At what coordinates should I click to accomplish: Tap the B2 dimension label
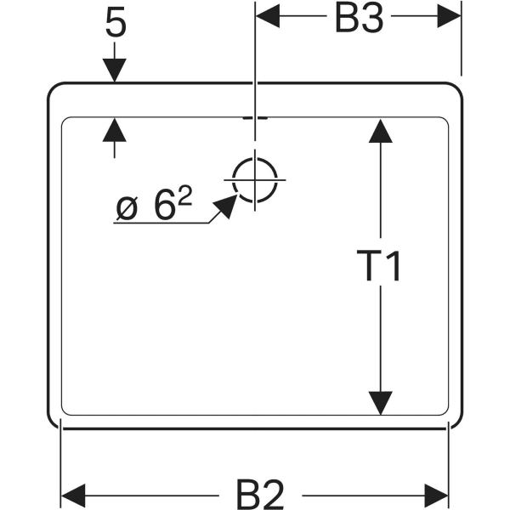coord(258,493)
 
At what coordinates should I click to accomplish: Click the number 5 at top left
coord(116,25)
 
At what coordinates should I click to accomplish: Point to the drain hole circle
coord(254,180)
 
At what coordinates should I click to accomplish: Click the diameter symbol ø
coord(127,207)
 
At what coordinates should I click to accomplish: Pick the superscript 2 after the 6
coord(184,198)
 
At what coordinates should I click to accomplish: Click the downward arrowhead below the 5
coord(115,71)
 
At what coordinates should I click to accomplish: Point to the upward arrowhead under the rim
coord(115,129)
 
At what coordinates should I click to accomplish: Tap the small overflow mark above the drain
coord(254,117)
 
